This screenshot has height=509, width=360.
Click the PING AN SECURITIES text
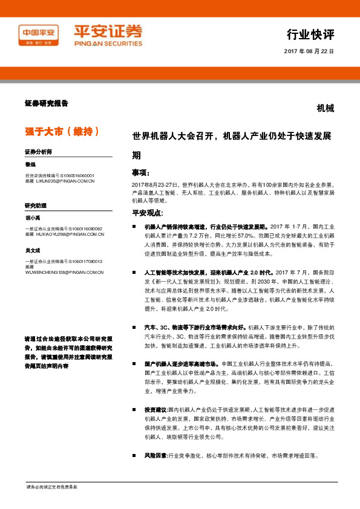[108, 44]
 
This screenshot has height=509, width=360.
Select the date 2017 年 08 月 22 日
[309, 52]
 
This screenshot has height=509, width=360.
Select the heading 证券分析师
[38, 151]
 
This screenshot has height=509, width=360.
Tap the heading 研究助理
[36, 206]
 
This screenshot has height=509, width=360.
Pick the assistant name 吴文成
[33, 249]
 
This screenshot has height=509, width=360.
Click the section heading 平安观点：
[148, 213]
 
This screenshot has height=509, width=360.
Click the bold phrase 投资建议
[155, 409]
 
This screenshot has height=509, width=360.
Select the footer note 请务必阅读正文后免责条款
[51, 487]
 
